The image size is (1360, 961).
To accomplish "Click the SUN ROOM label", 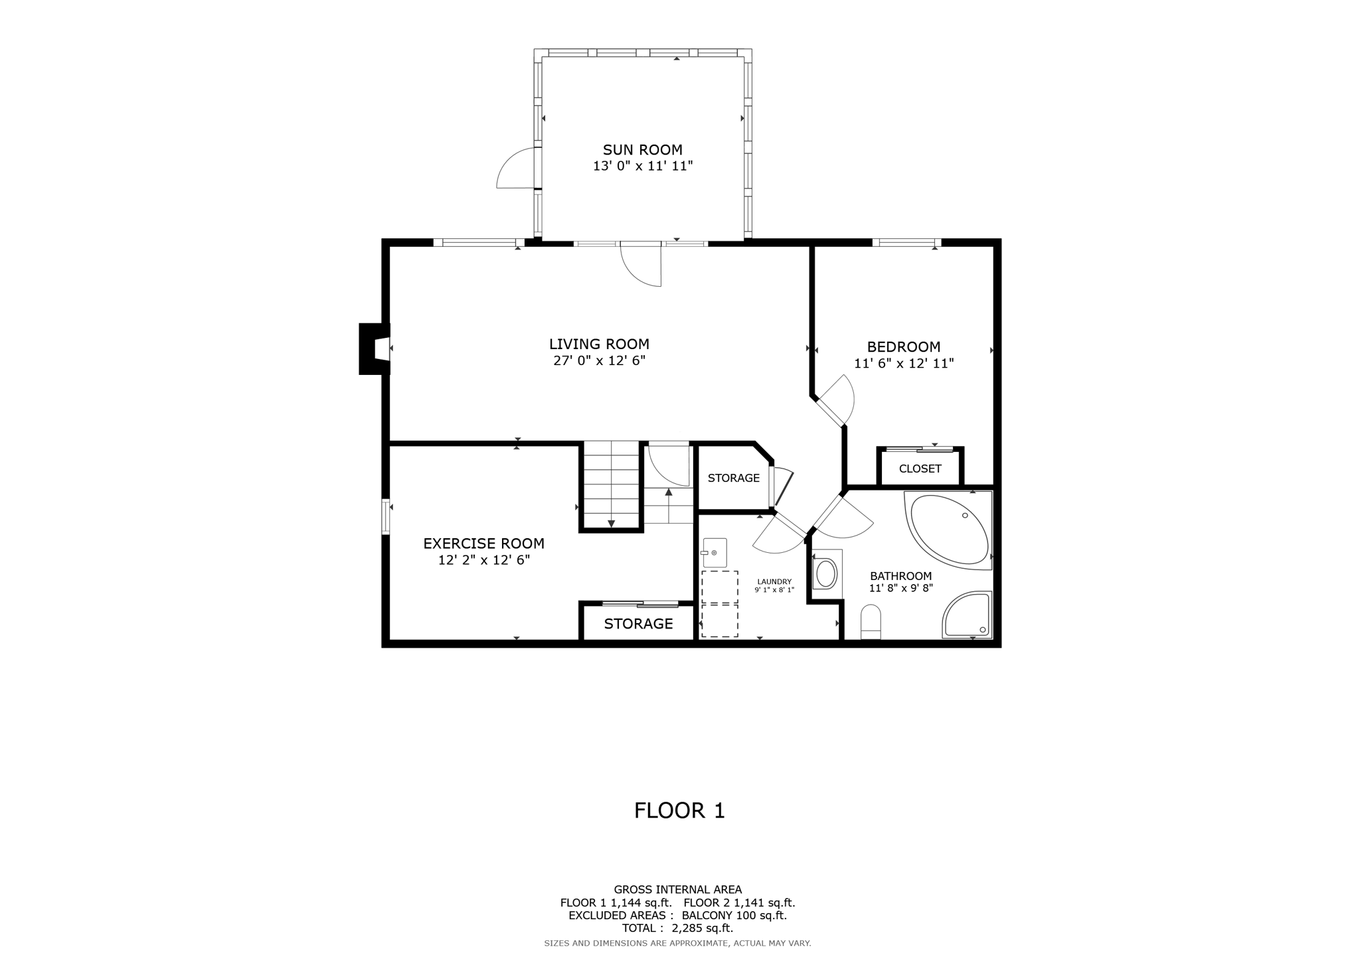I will pyautogui.click(x=642, y=150).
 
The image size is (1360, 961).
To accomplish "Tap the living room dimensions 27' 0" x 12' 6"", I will pyautogui.click(x=599, y=361).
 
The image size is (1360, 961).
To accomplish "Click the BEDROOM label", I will pyautogui.click(x=903, y=346).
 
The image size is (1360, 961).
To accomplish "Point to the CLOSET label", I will pyautogui.click(x=920, y=469).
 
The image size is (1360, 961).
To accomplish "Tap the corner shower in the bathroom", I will pyautogui.click(x=967, y=616).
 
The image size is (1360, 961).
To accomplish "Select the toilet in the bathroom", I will pyautogui.click(x=870, y=622).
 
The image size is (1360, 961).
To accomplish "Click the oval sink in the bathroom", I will pyautogui.click(x=826, y=573).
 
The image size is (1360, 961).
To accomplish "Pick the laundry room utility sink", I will pyautogui.click(x=715, y=552).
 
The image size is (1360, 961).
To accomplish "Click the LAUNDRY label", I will pyautogui.click(x=774, y=581).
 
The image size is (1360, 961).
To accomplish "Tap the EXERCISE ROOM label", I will pyautogui.click(x=483, y=544).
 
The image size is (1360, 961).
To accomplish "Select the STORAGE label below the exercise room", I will pyautogui.click(x=638, y=624).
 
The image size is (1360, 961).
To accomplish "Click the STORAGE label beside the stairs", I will pyautogui.click(x=733, y=478).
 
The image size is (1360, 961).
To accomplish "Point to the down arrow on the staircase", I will pyautogui.click(x=611, y=524).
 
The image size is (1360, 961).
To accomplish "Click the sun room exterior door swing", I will pyautogui.click(x=516, y=169).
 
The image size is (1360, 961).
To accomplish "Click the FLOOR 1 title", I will pyautogui.click(x=679, y=810).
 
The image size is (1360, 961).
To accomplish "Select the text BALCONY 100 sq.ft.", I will pyautogui.click(x=734, y=915).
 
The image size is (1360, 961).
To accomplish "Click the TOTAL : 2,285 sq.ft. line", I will pyautogui.click(x=677, y=928).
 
